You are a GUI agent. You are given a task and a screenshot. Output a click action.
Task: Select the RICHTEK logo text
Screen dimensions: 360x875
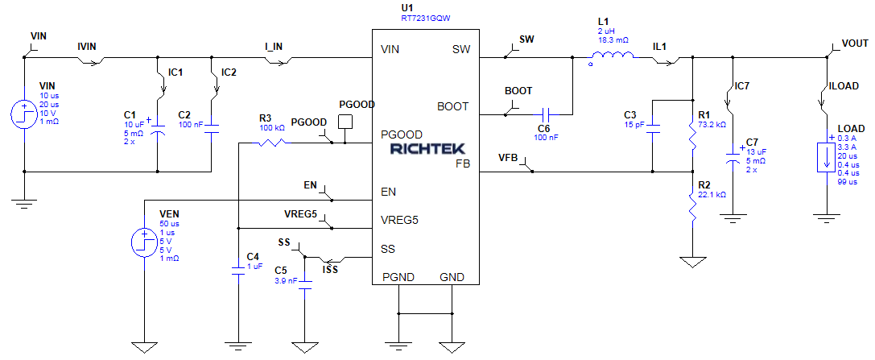coord(424,149)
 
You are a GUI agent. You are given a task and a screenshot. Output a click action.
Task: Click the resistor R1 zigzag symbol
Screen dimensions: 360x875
coord(692,134)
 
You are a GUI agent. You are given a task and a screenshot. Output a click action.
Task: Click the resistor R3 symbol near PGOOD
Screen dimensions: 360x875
coord(274,143)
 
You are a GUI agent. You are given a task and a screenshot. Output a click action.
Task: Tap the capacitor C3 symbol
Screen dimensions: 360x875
coord(653,126)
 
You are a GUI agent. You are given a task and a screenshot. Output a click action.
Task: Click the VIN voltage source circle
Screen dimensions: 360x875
coord(23,115)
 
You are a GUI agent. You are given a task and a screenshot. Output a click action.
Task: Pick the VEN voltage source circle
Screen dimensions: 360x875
coord(144,240)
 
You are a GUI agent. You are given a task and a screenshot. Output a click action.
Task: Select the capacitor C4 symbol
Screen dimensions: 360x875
coord(238,270)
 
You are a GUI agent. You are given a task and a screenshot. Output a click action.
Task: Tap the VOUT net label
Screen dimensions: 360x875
coord(855,43)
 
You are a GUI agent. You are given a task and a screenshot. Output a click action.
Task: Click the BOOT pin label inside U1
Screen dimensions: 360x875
coord(452,106)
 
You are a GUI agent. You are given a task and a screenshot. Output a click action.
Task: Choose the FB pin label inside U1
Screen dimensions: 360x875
coord(463,163)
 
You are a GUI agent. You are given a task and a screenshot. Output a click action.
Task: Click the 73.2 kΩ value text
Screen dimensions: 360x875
coord(713,125)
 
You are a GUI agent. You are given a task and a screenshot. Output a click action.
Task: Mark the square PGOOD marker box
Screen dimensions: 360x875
coord(345,122)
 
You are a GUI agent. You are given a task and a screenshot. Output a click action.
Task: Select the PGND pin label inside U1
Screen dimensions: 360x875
coord(398,277)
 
